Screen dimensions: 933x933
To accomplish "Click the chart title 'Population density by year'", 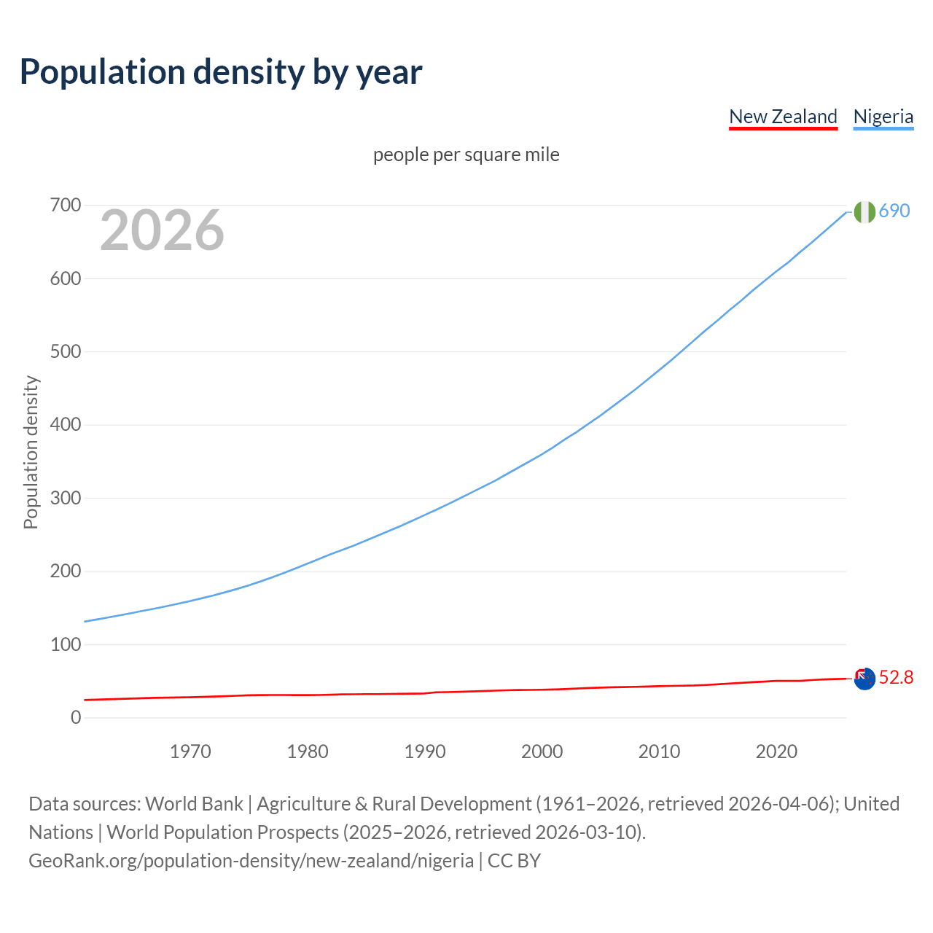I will (x=221, y=71).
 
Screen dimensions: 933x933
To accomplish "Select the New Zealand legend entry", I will (x=783, y=117).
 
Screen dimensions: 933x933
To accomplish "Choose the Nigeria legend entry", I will (x=883, y=117).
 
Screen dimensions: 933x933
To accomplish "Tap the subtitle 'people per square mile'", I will (x=466, y=155).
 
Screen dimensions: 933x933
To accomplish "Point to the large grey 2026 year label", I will (x=162, y=230).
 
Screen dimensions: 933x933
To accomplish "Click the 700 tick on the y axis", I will (x=66, y=206).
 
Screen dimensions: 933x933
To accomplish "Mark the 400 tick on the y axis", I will (x=66, y=425).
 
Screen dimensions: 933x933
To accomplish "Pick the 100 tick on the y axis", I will (x=66, y=644).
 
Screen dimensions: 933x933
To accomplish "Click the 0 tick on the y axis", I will (x=76, y=717).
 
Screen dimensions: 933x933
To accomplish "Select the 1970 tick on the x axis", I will (x=190, y=752).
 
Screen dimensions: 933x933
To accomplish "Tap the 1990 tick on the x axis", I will (x=425, y=752).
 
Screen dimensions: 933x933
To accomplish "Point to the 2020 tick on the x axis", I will (x=776, y=752).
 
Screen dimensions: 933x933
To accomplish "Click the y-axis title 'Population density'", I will (x=31, y=452).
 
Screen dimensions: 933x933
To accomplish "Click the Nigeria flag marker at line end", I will (x=864, y=211).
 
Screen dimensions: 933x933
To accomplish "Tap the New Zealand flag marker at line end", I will (x=864, y=679).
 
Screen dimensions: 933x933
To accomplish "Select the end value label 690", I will (x=894, y=211).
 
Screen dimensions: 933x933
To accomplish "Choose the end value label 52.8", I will (x=896, y=678).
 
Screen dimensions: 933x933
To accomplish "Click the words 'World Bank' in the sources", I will (x=194, y=803).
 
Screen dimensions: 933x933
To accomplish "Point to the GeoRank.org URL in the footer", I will (x=251, y=860).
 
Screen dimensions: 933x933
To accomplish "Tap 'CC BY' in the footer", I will (x=514, y=860).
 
